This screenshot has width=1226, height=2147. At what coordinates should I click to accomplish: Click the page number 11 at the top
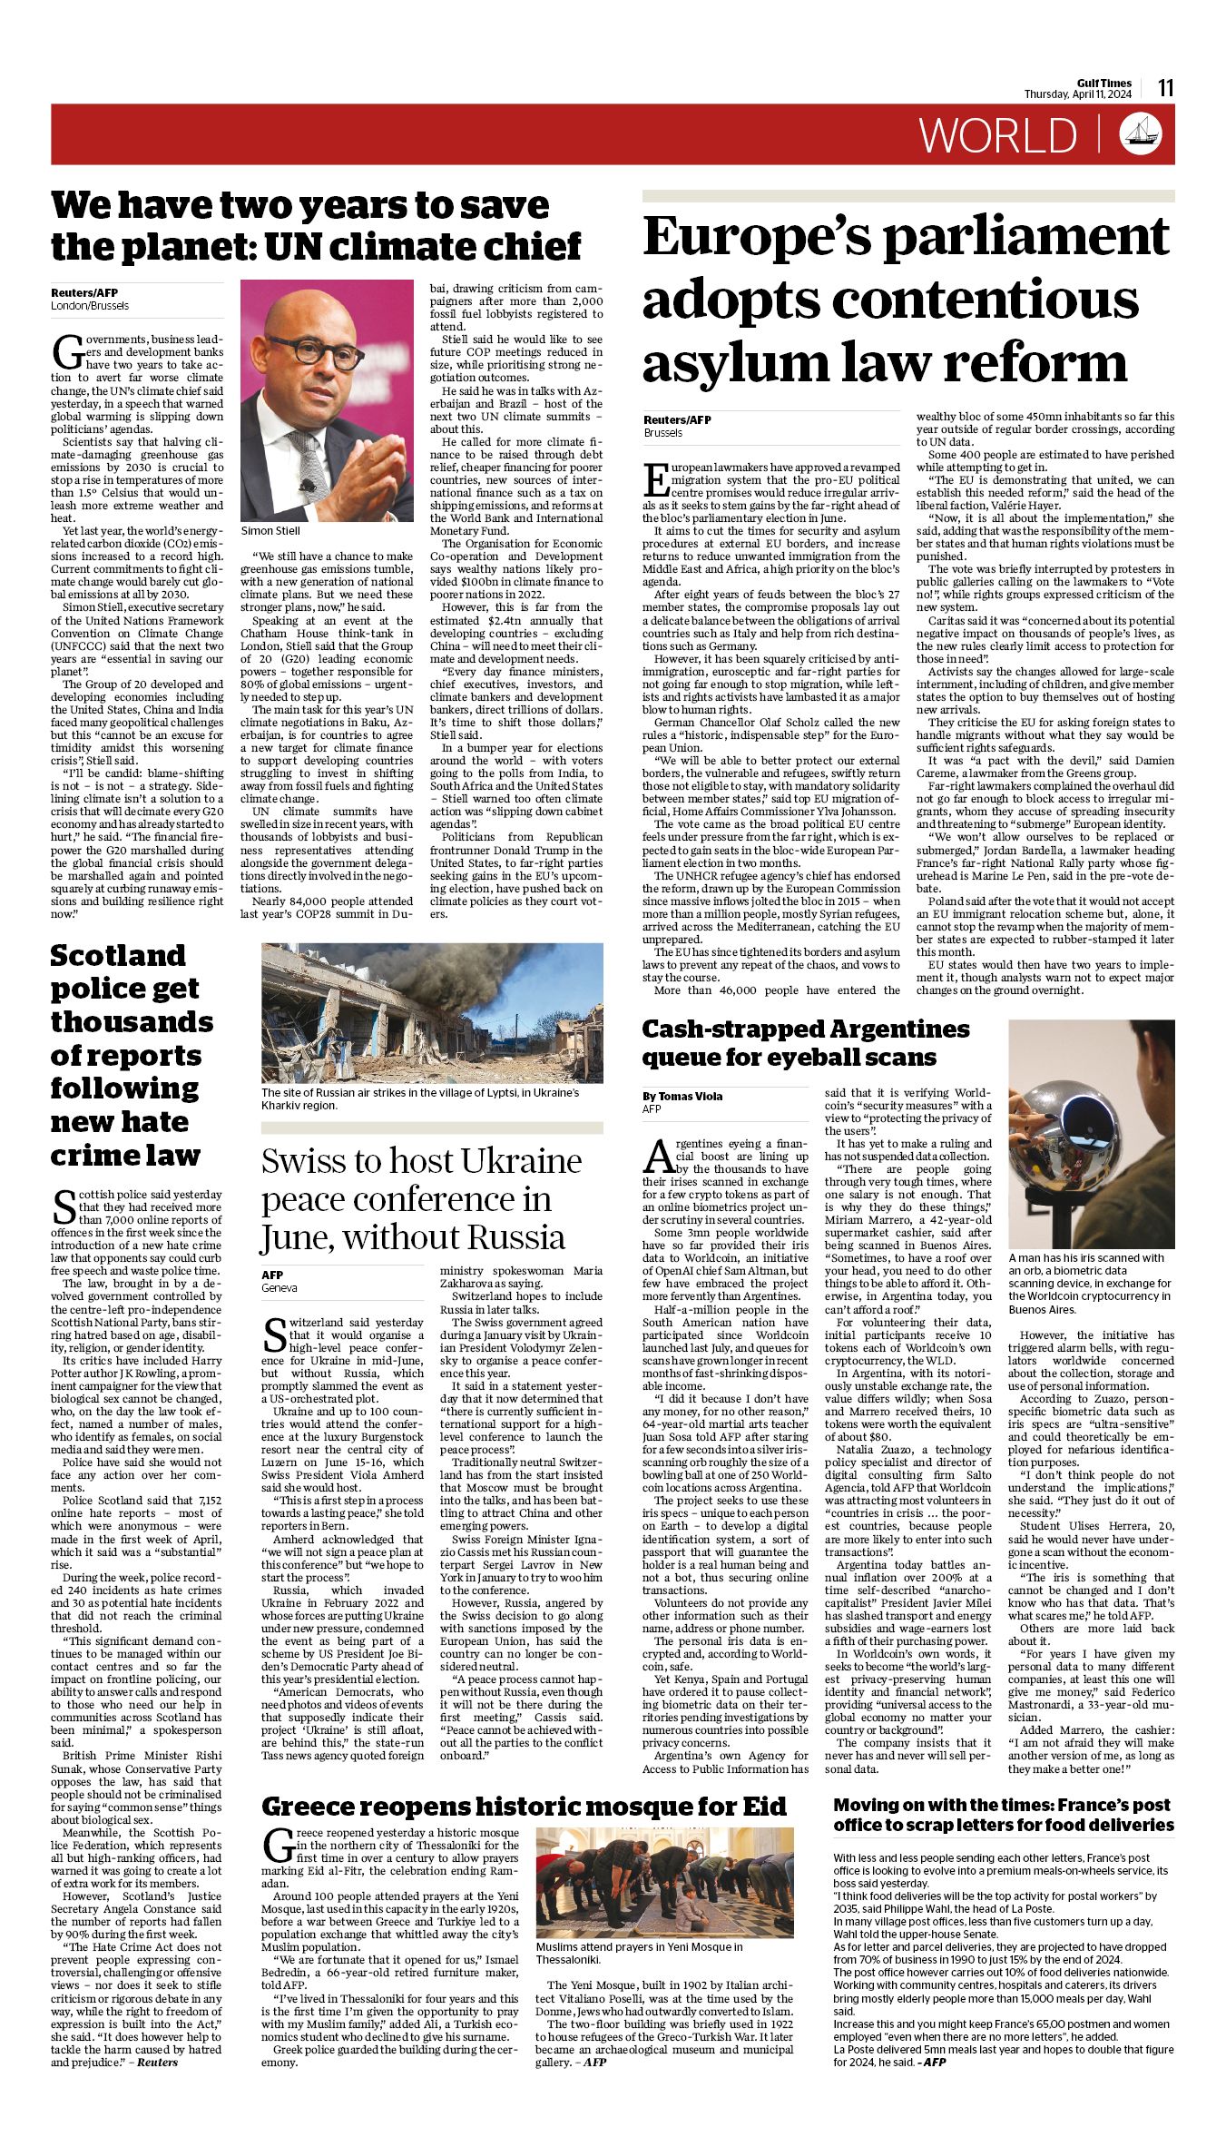click(1165, 88)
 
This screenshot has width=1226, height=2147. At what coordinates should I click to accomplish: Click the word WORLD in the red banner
click(997, 135)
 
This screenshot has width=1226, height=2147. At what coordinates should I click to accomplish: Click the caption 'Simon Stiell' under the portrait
click(270, 531)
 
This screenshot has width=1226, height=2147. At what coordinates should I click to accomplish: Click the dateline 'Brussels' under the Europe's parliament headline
click(662, 433)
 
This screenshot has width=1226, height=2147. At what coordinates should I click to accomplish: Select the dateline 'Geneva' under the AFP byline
click(280, 1288)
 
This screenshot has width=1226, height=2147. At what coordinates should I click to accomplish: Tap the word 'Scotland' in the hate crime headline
click(118, 956)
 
